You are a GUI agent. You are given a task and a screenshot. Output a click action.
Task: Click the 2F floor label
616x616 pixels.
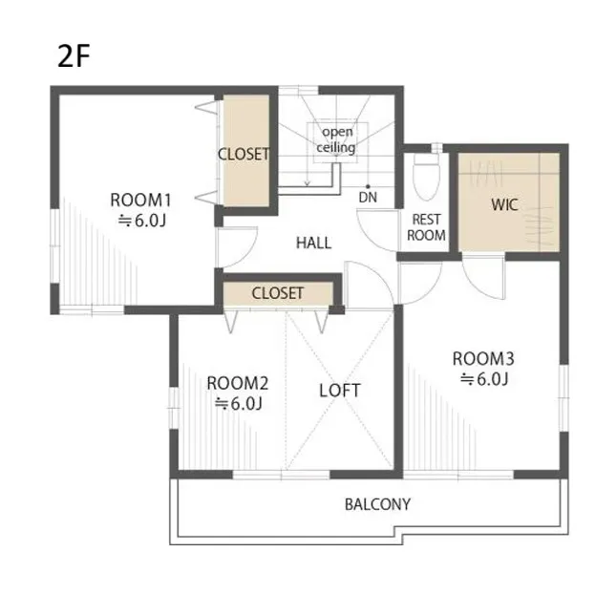pyautogui.click(x=74, y=56)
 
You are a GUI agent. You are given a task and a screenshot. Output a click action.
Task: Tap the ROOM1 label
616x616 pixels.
pyautogui.click(x=140, y=200)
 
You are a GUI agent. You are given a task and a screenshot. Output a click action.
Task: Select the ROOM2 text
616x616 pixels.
pyautogui.click(x=238, y=383)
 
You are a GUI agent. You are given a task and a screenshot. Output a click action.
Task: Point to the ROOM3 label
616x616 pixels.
pyautogui.click(x=483, y=359)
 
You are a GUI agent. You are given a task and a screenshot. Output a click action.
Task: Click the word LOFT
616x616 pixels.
pyautogui.click(x=340, y=391)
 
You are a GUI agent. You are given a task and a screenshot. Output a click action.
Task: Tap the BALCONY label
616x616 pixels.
pyautogui.click(x=377, y=504)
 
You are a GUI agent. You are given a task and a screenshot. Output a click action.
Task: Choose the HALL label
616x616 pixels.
pyautogui.click(x=313, y=243)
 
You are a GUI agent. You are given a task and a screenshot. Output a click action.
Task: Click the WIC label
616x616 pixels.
pyautogui.click(x=504, y=204)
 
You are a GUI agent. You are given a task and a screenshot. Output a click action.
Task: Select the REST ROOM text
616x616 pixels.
pyautogui.click(x=426, y=227)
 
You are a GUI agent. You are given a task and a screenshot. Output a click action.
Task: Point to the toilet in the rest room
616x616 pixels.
pyautogui.click(x=426, y=176)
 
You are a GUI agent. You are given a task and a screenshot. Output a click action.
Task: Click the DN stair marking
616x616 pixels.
pyautogui.click(x=368, y=197)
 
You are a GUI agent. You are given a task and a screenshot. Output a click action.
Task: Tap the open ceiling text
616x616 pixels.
pyautogui.click(x=336, y=139)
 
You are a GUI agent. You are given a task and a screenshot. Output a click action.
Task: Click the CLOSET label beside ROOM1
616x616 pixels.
pyautogui.click(x=244, y=154)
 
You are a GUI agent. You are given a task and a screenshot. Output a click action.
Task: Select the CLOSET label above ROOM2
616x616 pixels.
pyautogui.click(x=277, y=293)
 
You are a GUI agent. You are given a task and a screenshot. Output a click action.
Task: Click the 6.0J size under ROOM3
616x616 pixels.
pyautogui.click(x=484, y=379)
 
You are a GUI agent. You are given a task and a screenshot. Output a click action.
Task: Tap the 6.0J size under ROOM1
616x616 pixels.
pyautogui.click(x=142, y=221)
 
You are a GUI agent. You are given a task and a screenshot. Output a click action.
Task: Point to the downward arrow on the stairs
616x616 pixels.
pyautogui.click(x=308, y=175)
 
